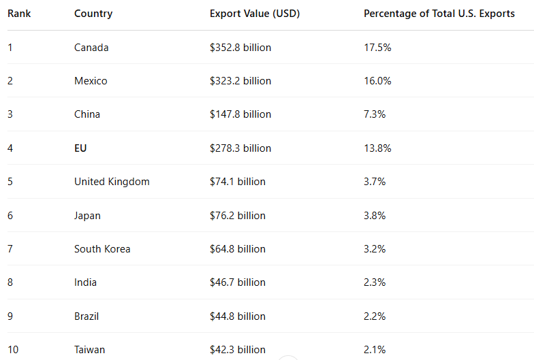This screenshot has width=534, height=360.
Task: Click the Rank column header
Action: [19, 14]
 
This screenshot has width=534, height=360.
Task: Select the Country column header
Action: [93, 14]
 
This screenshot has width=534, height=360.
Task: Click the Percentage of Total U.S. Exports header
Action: [439, 14]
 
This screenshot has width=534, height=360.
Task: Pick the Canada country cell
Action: [91, 48]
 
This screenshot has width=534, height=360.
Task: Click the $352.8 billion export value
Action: [240, 48]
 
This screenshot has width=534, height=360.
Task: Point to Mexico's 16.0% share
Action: [377, 81]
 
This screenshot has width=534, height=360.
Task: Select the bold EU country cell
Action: [80, 148]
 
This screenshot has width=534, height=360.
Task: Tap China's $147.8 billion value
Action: [240, 114]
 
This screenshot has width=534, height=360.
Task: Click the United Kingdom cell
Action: [112, 182]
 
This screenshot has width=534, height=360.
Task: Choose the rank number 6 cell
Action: [10, 216]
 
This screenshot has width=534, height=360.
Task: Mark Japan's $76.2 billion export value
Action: [238, 216]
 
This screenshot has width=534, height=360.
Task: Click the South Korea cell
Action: [102, 249]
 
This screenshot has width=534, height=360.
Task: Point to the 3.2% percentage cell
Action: [375, 249]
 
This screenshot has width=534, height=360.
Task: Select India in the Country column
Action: [85, 282]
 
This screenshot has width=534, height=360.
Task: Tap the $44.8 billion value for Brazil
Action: [238, 316]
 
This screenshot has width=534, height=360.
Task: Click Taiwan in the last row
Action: [89, 350]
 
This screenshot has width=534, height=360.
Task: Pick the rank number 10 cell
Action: [13, 350]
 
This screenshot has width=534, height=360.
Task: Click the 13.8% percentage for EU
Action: [377, 148]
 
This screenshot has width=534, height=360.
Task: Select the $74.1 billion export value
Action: [238, 182]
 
